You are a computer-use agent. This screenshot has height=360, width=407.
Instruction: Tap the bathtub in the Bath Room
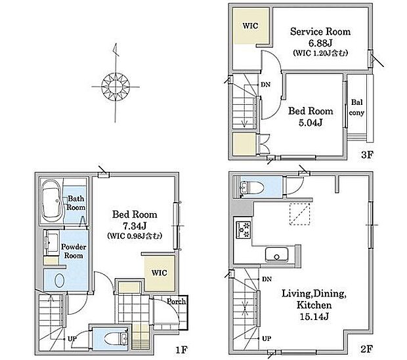click(52, 201)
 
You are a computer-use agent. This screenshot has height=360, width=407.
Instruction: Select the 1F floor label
click(181, 350)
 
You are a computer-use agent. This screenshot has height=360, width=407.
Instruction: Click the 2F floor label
click(367, 349)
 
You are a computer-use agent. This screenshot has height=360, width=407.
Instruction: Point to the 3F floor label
click(367, 155)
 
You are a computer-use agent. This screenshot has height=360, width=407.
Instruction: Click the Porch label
click(176, 302)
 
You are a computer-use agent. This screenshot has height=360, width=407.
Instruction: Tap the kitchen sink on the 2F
click(277, 254)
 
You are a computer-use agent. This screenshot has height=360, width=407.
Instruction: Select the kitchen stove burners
click(244, 230)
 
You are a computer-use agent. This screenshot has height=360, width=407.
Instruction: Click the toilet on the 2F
click(251, 188)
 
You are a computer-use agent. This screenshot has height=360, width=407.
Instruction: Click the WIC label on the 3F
click(250, 26)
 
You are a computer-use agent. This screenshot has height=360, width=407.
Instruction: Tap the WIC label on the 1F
click(159, 273)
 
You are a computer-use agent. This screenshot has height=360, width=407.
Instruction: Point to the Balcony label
click(356, 108)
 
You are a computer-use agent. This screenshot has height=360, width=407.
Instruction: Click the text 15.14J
click(314, 317)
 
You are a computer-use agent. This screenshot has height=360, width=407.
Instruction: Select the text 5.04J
click(311, 123)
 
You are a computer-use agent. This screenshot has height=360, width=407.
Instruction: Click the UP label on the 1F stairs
click(72, 339)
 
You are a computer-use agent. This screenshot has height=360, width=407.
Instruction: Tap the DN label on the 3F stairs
click(266, 85)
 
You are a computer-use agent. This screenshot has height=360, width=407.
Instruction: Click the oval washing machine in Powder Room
click(60, 281)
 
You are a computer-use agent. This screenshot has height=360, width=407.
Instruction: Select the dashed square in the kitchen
click(300, 214)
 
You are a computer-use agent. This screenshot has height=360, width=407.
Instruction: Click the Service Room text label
click(320, 31)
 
